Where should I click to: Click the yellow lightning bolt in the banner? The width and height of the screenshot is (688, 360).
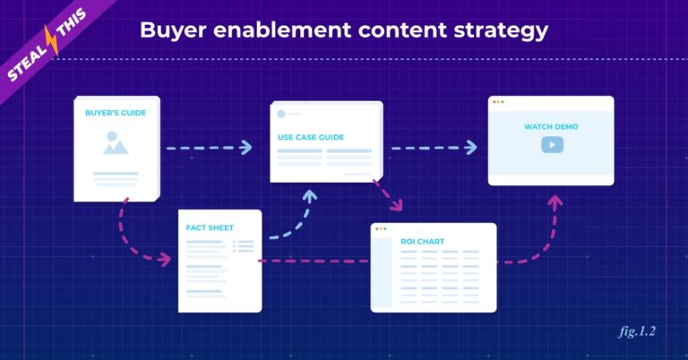click(x=52, y=40)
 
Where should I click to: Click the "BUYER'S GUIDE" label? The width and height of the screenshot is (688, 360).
click(x=116, y=113)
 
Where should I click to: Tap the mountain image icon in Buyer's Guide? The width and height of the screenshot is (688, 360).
click(x=116, y=143)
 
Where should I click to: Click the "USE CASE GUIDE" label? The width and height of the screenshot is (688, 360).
click(x=311, y=137)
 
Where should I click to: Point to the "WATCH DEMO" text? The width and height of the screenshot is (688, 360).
click(x=551, y=127)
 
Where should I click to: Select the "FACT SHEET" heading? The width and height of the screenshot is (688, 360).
click(x=210, y=227)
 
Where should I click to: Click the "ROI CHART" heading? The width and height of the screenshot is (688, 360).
click(x=422, y=242)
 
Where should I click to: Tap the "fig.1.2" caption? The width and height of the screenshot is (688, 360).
click(x=638, y=331)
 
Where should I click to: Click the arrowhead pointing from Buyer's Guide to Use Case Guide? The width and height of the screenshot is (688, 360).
click(x=246, y=148)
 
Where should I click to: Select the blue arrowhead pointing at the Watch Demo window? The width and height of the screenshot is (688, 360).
click(x=471, y=148)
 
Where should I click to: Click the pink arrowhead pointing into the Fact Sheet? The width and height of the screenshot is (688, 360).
click(x=165, y=259)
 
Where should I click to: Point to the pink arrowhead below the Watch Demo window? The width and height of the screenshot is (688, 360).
click(x=555, y=201)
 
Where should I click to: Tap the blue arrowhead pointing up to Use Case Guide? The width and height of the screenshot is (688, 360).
click(x=310, y=195)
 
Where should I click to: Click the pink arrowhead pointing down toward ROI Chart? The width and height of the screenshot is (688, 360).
click(x=397, y=204)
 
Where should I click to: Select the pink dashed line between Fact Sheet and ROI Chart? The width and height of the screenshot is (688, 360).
click(x=314, y=261)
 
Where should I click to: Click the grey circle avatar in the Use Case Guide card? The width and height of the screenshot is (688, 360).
click(x=281, y=114)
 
